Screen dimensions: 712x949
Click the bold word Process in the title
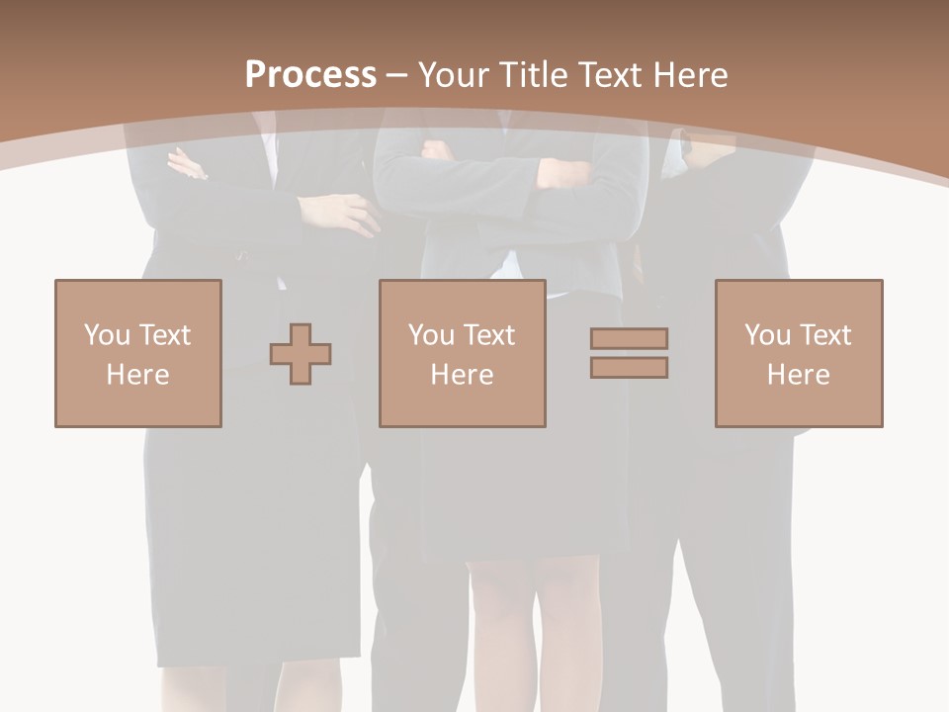click(x=310, y=75)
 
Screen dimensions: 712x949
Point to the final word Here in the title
click(x=691, y=75)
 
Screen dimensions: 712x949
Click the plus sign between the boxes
click(x=301, y=353)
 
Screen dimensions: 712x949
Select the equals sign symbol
click(x=629, y=353)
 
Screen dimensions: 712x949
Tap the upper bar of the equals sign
click(x=629, y=338)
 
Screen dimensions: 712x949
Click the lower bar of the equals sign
click(x=629, y=367)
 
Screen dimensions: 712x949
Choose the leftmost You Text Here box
click(x=138, y=353)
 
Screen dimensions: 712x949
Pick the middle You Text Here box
click(x=462, y=353)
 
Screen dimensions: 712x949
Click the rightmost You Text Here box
click(x=799, y=353)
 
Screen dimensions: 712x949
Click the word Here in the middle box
click(x=462, y=375)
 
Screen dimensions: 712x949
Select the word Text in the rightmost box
click(x=824, y=335)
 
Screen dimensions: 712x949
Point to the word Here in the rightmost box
click(x=799, y=375)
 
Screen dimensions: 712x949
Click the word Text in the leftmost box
click(x=164, y=335)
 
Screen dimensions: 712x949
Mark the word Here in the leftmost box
click(x=138, y=375)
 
